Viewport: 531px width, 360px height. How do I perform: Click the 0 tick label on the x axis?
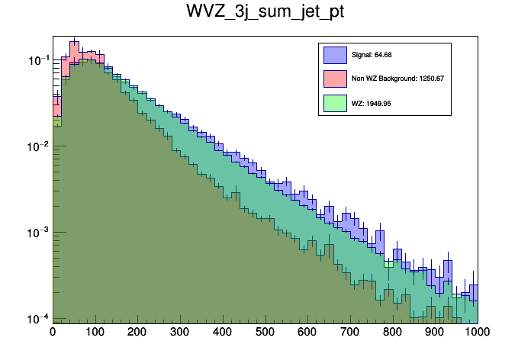pos(53,333)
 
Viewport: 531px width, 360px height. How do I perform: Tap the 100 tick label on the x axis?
pos(95,333)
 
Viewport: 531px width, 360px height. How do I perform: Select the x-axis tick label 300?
pos(180,333)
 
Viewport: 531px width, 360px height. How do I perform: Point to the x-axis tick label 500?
pos(265,333)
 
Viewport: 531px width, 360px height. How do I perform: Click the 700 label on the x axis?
pos(350,333)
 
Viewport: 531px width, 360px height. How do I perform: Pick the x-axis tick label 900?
pos(436,333)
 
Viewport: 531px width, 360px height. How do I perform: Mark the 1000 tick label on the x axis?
pos(476,333)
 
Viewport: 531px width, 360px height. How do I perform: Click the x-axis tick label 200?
pos(137,333)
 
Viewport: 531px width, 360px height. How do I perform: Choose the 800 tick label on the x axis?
pos(393,333)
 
